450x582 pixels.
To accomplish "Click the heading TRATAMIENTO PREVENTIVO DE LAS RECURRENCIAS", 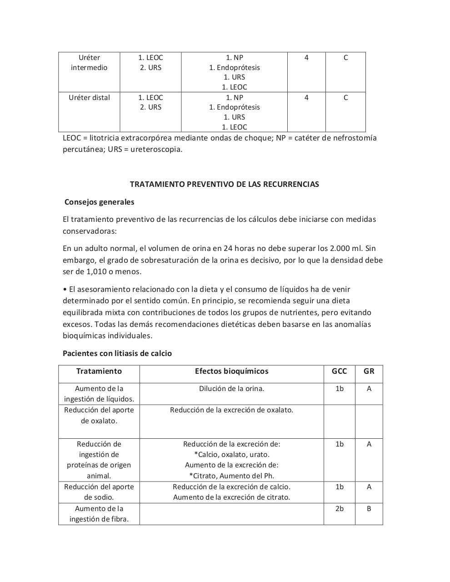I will click(224, 184).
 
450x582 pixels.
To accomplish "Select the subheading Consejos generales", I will click(99, 202).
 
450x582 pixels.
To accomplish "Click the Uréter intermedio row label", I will click(89, 63).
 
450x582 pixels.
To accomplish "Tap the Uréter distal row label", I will click(89, 97).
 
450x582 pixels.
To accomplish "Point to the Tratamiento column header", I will click(99, 371).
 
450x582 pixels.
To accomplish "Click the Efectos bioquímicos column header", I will click(231, 371).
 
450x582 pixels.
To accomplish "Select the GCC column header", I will click(339, 371).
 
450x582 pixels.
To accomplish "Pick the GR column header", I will click(369, 371).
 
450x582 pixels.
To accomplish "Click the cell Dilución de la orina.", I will click(231, 388).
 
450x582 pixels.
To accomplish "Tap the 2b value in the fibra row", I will click(339, 508).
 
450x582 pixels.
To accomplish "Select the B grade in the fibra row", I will click(369, 508).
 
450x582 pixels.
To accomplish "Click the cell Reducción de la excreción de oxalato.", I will click(231, 410).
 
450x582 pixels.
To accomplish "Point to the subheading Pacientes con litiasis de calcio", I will click(117, 353).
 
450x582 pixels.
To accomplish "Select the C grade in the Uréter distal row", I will click(345, 97).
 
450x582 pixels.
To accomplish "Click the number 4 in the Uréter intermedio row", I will click(306, 58).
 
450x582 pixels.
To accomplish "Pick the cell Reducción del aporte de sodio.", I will click(99, 492).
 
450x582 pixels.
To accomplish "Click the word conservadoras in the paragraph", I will click(89, 231).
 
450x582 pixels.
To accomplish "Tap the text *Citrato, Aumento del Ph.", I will click(231, 476).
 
